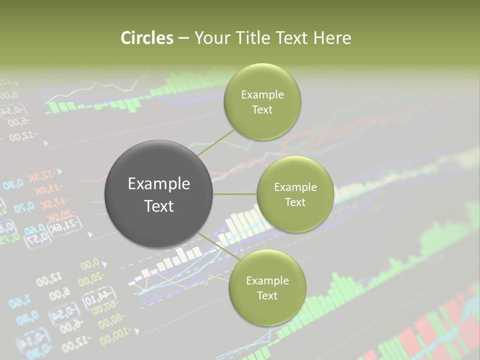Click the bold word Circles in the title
pos(146,38)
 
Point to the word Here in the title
pos(332,38)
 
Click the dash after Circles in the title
pos(183,38)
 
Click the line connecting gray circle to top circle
pos(216,142)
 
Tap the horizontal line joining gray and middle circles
pos(235,194)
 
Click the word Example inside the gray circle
pos(158,184)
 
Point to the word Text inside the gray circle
pos(158,206)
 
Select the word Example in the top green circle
pos(262,94)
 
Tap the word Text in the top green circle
pos(262,109)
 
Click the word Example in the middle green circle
pos(295,187)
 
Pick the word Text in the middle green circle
pos(295,202)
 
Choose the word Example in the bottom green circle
pos(267,280)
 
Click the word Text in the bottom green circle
pos(267,295)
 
